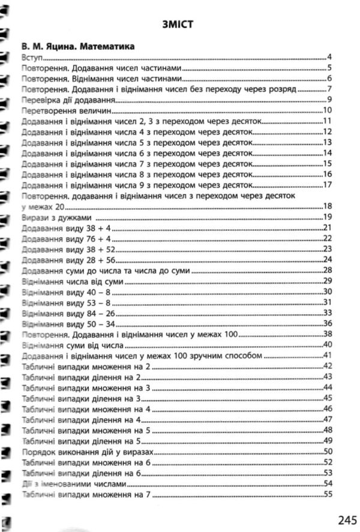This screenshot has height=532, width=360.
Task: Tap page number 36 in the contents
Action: tap(328, 323)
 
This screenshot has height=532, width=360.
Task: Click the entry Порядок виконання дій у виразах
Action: tap(83, 451)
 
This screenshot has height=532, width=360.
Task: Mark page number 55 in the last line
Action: tap(328, 494)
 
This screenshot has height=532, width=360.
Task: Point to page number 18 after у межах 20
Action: tap(328, 206)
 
